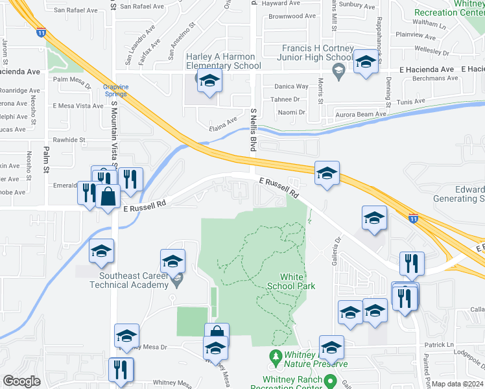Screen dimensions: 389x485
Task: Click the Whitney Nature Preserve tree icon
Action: point(275,357)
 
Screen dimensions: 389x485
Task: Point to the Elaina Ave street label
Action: point(222,122)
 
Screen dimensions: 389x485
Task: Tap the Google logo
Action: point(21,381)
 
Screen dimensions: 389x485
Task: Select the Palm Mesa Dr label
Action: point(71,80)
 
